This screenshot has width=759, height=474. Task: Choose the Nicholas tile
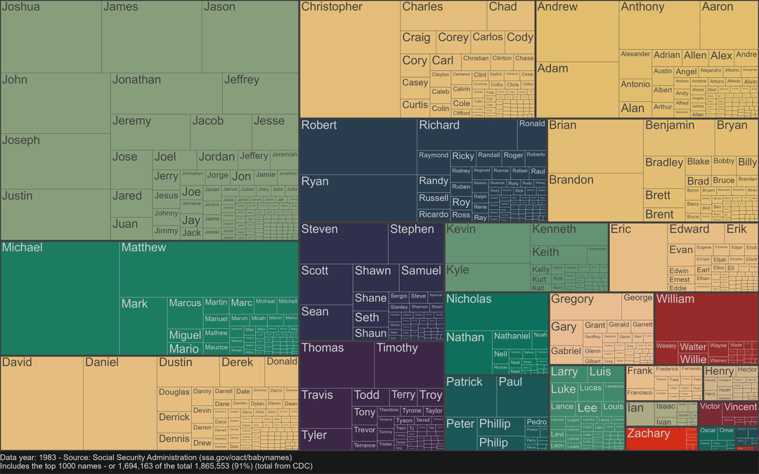(496, 310)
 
